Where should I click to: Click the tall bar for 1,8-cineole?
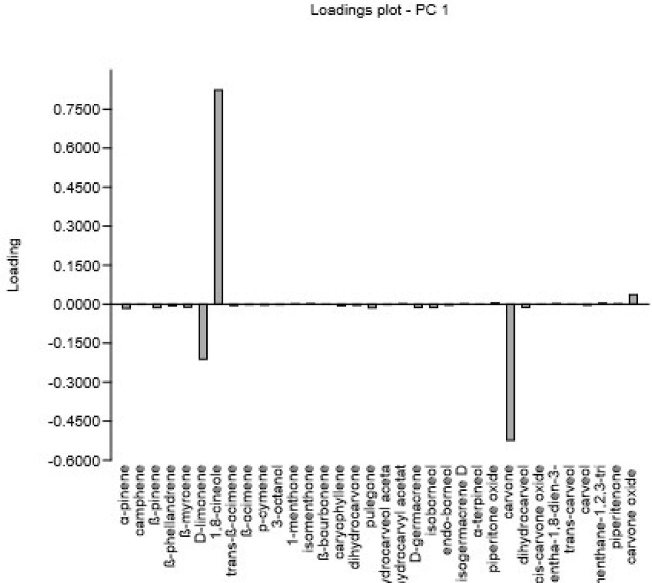218,197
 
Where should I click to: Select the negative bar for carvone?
510,372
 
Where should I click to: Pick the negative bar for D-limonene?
203,331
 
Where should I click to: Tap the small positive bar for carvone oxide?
633,299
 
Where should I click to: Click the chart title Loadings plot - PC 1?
379,10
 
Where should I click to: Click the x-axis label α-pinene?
126,494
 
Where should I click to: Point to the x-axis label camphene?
142,497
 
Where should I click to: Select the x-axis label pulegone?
372,494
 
